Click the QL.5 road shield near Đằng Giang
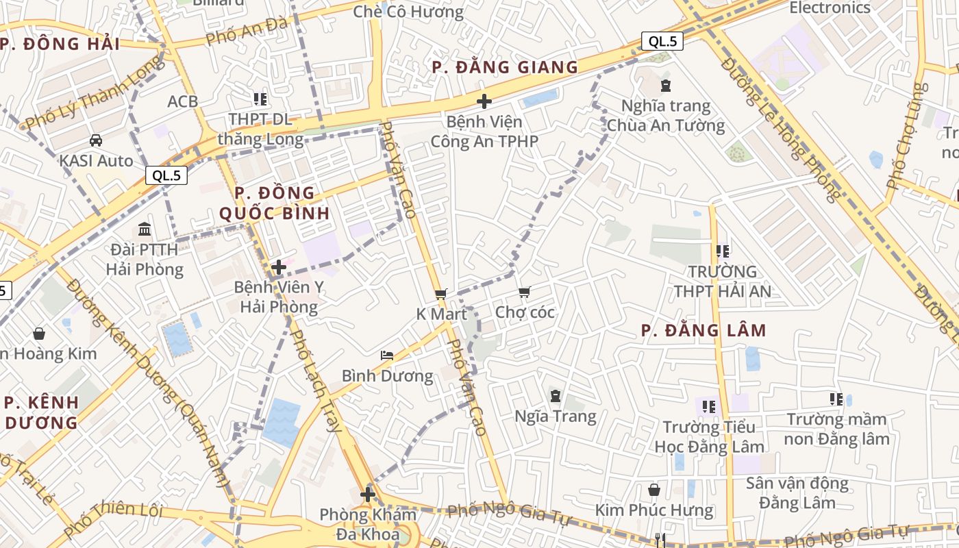pos(662,41)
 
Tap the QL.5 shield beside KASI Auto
pos(166,175)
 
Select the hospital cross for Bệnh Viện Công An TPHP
pos(484,102)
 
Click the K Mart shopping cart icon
pos(441,294)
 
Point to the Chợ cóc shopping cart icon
pos(525,292)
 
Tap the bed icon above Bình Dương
pos(387,356)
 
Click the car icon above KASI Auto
pos(96,140)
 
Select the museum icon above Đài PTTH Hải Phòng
pos(145,229)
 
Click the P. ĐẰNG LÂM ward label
pos(703,331)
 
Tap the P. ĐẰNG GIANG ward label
pos(505,67)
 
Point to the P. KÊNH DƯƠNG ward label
pos(42,412)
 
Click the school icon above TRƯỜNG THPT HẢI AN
pos(722,251)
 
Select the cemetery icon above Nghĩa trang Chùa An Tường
pos(665,86)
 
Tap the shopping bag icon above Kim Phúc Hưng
pos(654,490)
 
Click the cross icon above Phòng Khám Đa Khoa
pos(368,494)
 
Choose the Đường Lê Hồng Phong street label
pos(780,130)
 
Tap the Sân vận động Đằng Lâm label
pos(797,493)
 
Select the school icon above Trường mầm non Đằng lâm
pos(836,399)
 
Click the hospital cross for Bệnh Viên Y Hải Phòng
pos(279,267)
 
